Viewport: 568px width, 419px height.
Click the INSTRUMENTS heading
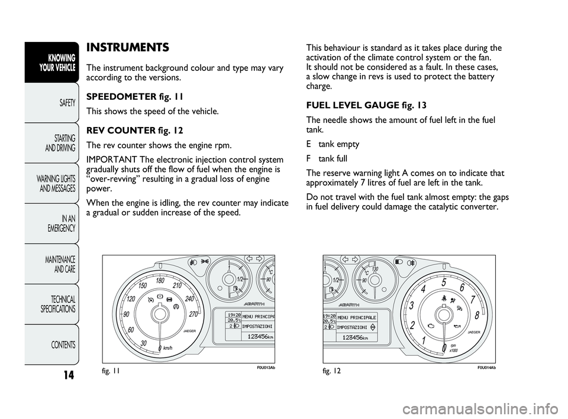[127, 47]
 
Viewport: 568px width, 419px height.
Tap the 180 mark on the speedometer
[159, 281]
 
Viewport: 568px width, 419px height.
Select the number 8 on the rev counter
[476, 316]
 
